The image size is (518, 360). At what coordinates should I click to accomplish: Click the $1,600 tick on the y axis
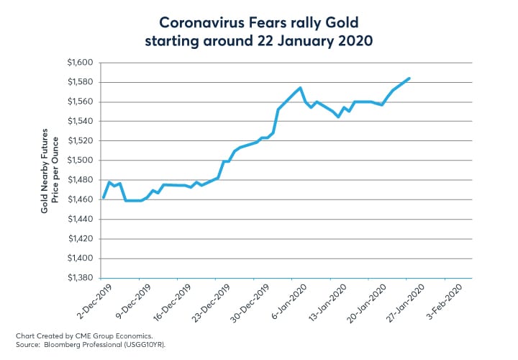(x=81, y=63)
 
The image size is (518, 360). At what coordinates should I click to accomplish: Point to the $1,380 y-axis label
(x=81, y=277)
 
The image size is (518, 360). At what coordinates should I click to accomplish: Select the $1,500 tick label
(x=81, y=161)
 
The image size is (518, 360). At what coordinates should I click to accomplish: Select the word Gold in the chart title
(x=333, y=20)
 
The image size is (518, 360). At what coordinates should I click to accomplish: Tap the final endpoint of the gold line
(x=409, y=78)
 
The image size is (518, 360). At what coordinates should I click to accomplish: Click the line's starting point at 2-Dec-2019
(x=104, y=197)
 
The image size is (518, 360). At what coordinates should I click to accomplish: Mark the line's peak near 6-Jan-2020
(x=300, y=88)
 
